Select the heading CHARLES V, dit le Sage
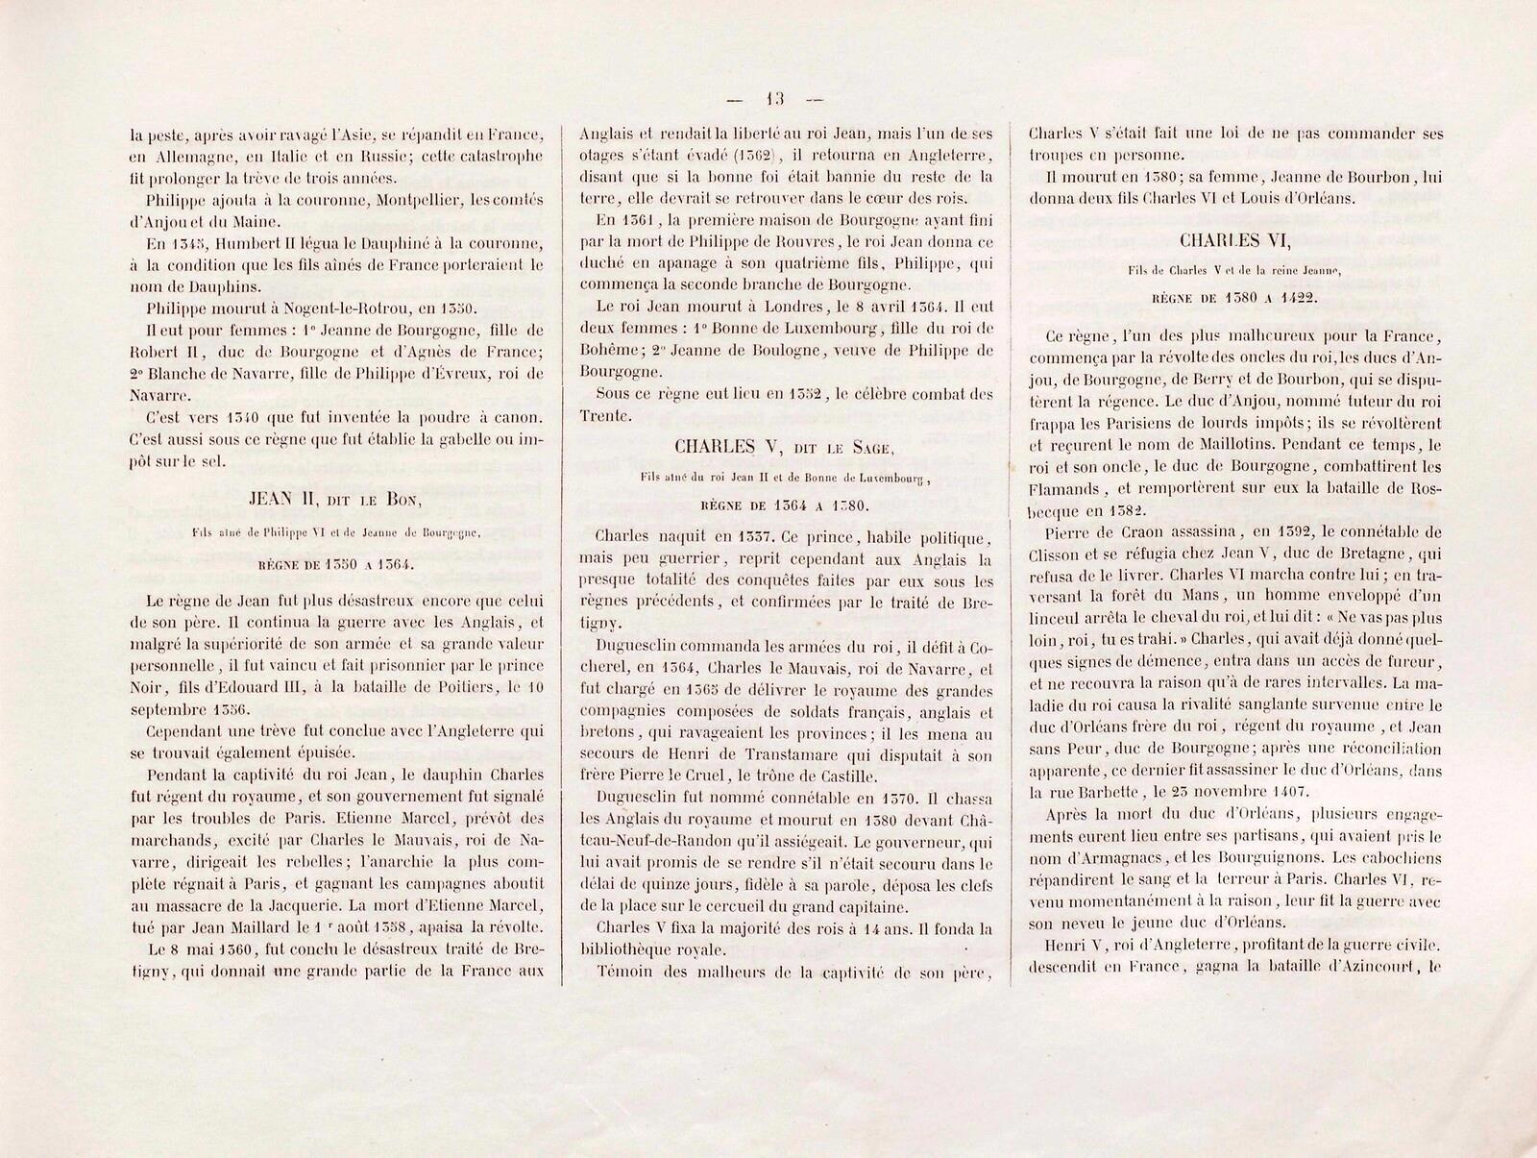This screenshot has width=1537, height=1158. [x=784, y=447]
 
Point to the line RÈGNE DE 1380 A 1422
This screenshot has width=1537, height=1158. [x=1234, y=298]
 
